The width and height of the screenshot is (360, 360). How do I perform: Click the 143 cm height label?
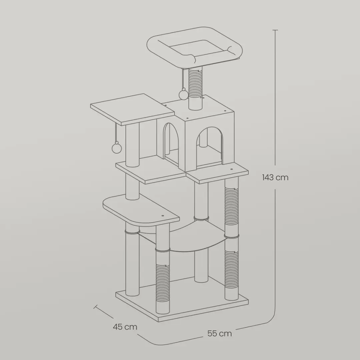coord(275,177)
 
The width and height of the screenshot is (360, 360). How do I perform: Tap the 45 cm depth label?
coord(125,327)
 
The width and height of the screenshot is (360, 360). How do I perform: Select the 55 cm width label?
coord(219,333)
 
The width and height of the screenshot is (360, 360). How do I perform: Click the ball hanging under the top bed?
coord(183,94)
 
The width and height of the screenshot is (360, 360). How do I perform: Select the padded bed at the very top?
coord(194,47)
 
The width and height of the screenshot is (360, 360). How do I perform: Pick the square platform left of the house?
coord(132,109)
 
